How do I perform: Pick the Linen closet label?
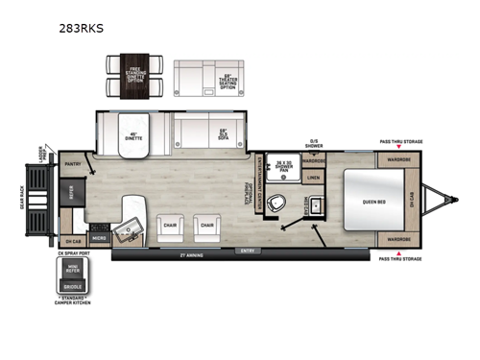[x=315, y=178]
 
